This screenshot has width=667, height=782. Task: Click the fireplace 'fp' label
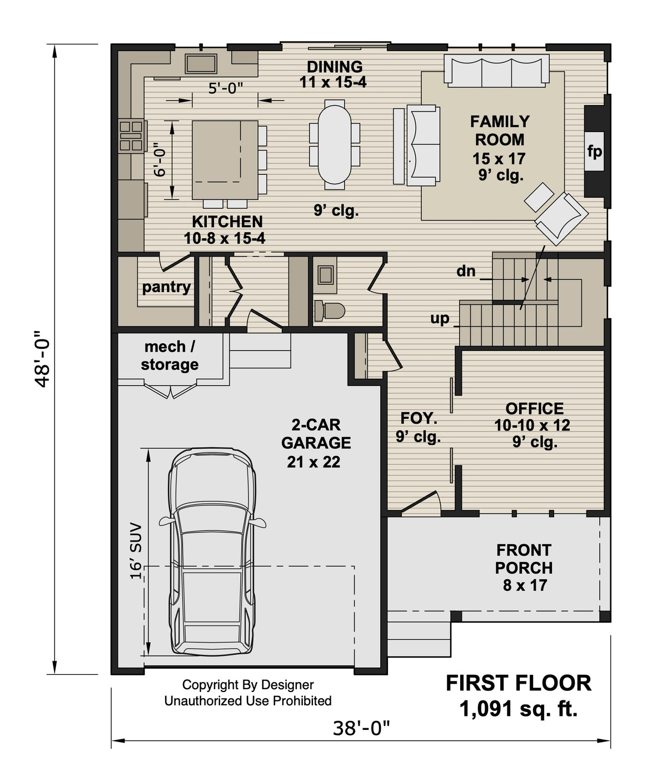click(594, 151)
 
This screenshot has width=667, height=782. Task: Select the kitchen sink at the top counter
click(201, 64)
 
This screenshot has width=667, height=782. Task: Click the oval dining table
click(334, 143)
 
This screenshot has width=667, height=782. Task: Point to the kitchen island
click(225, 160)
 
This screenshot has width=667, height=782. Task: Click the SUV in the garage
click(212, 553)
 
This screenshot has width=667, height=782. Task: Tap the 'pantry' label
click(166, 287)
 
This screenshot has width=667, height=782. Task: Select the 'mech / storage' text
click(170, 355)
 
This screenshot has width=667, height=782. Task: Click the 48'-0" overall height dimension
click(42, 359)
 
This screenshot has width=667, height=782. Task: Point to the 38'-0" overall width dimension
click(361, 728)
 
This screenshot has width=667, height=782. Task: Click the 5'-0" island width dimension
click(226, 88)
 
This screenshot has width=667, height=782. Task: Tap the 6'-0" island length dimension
click(160, 160)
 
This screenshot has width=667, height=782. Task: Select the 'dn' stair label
click(466, 271)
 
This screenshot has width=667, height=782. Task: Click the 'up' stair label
click(440, 319)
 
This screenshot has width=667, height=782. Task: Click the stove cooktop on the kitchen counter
click(131, 136)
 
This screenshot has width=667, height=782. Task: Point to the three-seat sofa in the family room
click(496, 71)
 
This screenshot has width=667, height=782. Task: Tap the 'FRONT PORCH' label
click(524, 559)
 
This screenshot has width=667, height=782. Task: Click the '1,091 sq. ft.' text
click(518, 709)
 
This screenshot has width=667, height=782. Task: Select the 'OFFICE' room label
click(534, 409)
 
